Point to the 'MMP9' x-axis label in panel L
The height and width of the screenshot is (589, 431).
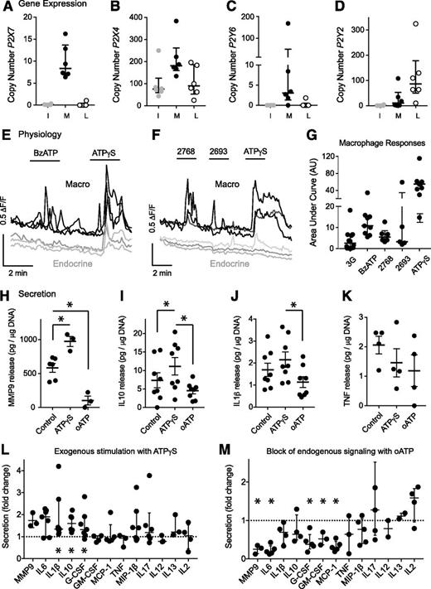coord(36,572)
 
